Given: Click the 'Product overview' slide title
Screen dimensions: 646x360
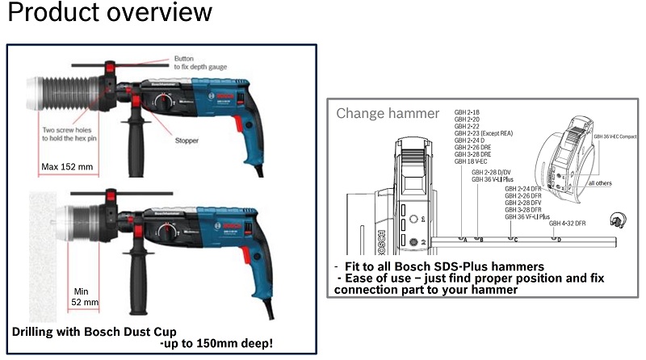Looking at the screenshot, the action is (x=110, y=14).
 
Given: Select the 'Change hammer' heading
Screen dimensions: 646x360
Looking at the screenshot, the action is (x=388, y=113).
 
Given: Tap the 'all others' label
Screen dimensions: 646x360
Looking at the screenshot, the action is (x=599, y=183).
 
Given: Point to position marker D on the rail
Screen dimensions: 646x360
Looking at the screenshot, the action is (x=555, y=239).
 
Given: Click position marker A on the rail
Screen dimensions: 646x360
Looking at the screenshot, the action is (x=465, y=239).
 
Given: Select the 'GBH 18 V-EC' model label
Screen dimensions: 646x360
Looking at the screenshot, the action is (x=472, y=161).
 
